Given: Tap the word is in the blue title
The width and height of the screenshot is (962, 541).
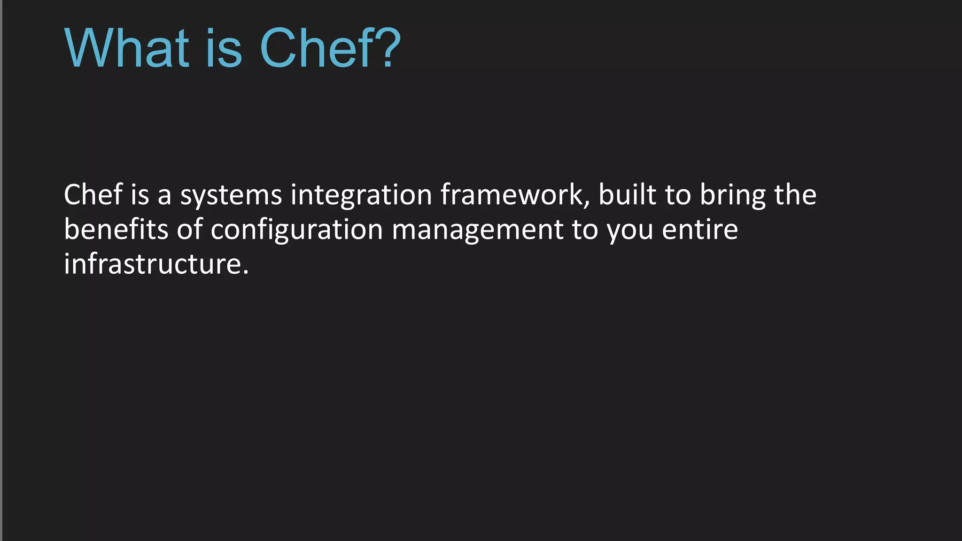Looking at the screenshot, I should tap(224, 48).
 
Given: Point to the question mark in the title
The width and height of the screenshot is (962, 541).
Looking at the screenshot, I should tap(388, 48).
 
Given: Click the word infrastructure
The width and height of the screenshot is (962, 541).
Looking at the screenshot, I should tap(153, 264).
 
